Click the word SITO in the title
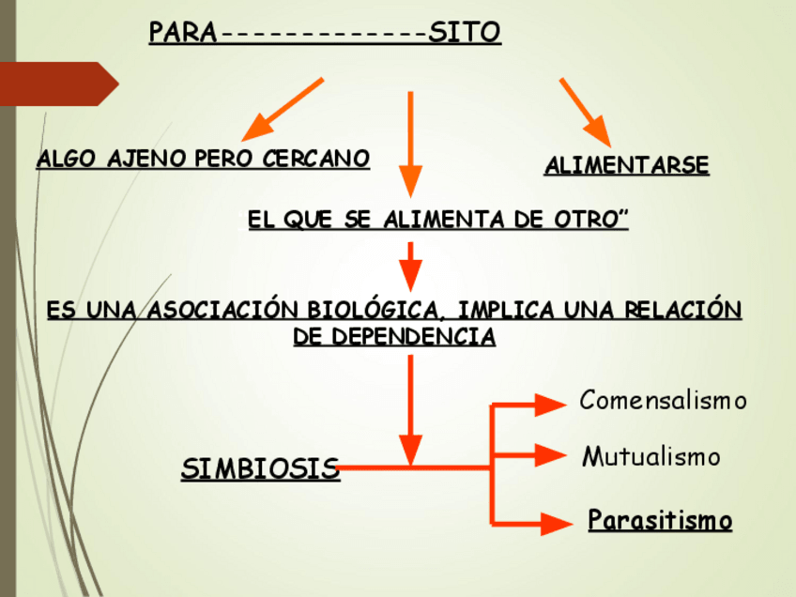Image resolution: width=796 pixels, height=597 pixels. click(464, 34)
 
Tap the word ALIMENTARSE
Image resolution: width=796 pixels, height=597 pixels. click(626, 166)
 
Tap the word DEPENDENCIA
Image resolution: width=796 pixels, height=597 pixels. click(394, 337)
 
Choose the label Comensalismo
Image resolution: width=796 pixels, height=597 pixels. click(663, 401)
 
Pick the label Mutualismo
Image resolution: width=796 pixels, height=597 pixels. click(651, 457)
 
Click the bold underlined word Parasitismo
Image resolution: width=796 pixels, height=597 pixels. click(660, 520)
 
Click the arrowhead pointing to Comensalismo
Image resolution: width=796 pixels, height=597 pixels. click(548, 405)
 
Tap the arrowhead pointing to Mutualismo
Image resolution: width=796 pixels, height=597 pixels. click(548, 456)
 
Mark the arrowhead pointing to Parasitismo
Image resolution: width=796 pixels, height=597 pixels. click(552, 521)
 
